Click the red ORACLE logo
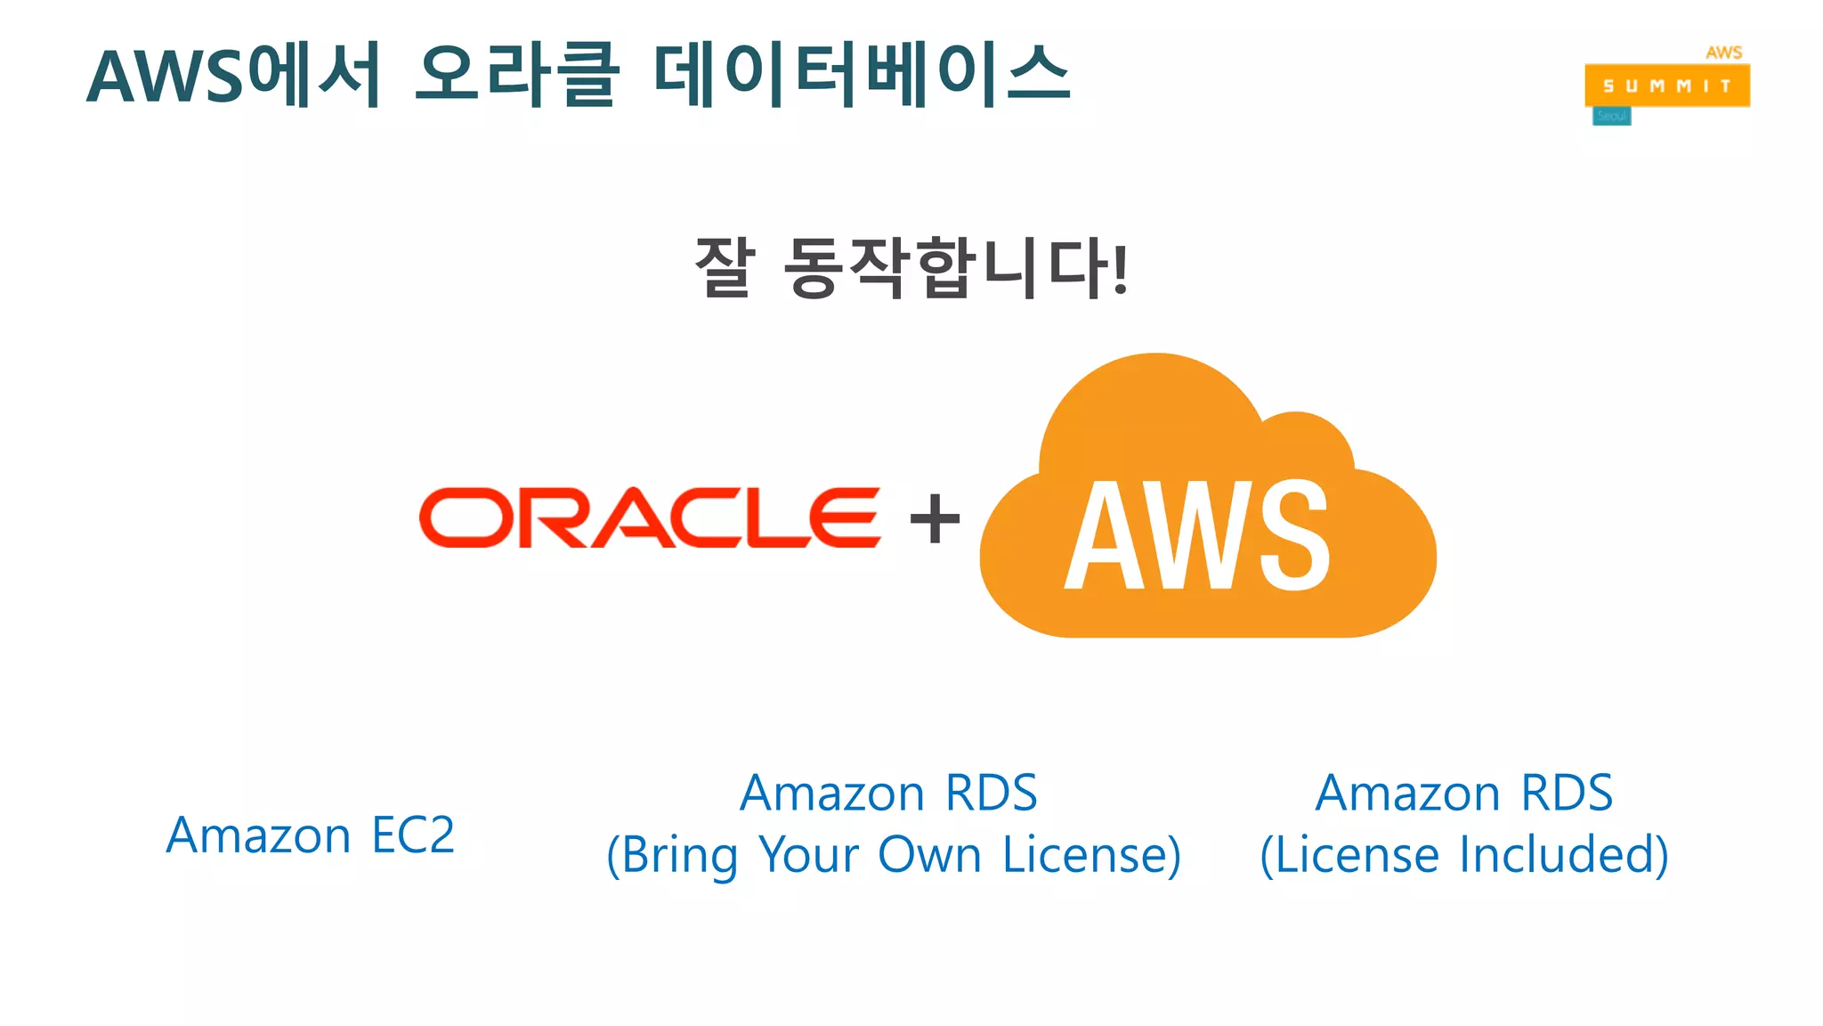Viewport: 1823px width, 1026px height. click(x=650, y=517)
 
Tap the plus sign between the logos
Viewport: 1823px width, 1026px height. click(x=935, y=519)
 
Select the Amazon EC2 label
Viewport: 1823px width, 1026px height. click(x=310, y=835)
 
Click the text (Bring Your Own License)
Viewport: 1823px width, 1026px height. click(x=894, y=855)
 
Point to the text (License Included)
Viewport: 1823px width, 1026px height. click(x=1464, y=855)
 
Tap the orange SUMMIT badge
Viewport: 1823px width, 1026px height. click(x=1666, y=86)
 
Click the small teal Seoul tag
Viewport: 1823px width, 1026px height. click(x=1611, y=117)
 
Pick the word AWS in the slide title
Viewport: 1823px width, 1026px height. click(x=165, y=77)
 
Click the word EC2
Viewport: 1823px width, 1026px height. click(x=412, y=835)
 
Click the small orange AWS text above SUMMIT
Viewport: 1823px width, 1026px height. click(x=1723, y=53)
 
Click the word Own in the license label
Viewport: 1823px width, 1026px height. click(x=929, y=855)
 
